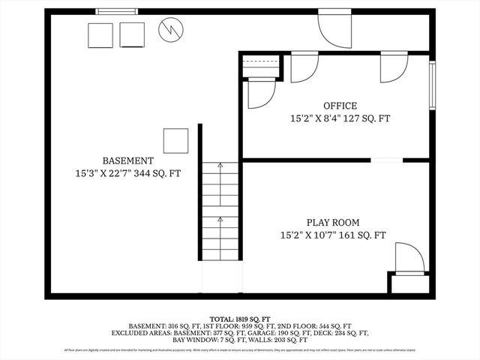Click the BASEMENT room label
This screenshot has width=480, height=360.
point(128,160)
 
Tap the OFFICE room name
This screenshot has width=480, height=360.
point(340,106)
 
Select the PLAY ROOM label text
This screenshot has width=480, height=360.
point(332,223)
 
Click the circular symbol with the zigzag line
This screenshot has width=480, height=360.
point(169,31)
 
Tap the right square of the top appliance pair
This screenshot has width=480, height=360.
point(132,34)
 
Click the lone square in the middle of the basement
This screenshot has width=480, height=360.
point(176,140)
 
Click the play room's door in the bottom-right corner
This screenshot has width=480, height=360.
point(409,257)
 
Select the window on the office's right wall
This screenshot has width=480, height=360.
point(432,84)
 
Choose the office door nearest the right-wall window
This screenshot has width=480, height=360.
point(393,66)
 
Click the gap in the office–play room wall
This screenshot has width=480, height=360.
point(386,160)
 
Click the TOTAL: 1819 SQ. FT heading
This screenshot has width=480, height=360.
point(240,317)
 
